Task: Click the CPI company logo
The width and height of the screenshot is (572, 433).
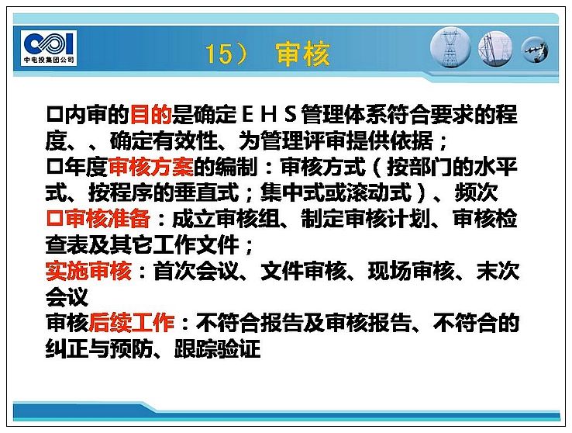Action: (x=49, y=48)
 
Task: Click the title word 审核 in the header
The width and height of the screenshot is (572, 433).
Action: (x=302, y=54)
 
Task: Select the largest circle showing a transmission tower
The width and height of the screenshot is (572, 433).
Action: (x=451, y=48)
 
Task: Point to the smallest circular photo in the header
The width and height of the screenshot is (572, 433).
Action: (x=535, y=50)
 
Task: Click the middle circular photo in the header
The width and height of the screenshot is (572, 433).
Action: (x=495, y=49)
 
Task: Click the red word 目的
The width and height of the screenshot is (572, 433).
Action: (x=150, y=114)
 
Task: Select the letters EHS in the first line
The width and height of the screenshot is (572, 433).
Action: (x=268, y=114)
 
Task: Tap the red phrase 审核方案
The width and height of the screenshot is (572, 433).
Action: (x=151, y=167)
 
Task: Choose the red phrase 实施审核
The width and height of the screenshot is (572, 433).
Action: (x=88, y=271)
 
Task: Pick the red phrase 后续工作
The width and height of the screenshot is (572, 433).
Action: (x=131, y=323)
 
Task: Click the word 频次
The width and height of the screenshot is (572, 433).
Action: (x=476, y=192)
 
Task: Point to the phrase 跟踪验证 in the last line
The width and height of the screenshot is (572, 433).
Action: (x=218, y=349)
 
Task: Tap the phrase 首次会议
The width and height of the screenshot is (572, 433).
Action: (x=196, y=271)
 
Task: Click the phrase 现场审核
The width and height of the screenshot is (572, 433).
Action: (x=411, y=271)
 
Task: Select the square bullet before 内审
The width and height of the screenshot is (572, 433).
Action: (x=54, y=114)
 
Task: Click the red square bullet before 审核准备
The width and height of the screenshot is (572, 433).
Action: (x=54, y=219)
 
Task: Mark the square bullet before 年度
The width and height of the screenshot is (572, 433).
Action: (x=54, y=167)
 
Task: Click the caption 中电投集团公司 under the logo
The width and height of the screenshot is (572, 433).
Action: (x=49, y=60)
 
